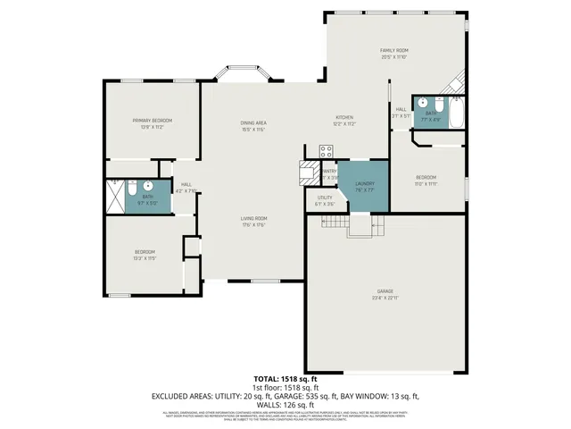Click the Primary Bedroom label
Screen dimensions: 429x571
[x=152, y=120]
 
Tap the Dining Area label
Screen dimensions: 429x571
[x=253, y=122]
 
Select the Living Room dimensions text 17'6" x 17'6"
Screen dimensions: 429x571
[x=253, y=224]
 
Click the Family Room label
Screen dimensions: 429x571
[x=393, y=50]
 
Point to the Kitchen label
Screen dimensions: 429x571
[x=345, y=117]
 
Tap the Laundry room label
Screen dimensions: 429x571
[x=365, y=183]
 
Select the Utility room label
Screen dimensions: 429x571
[x=325, y=198]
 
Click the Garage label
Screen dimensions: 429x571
[x=385, y=291]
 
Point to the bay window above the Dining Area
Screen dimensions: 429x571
[x=241, y=72]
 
